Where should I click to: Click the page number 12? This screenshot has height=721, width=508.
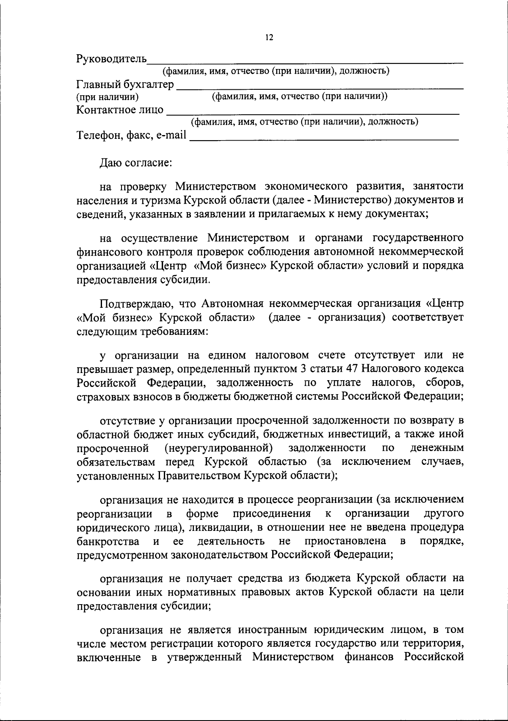269,38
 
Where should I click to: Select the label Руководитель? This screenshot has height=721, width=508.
111,59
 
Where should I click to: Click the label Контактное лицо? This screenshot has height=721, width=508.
120,110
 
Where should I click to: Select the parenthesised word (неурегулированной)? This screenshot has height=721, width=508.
218,448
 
